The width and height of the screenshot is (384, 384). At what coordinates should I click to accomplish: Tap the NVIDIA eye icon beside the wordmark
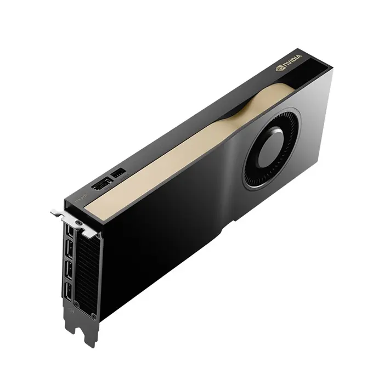coord(280,70)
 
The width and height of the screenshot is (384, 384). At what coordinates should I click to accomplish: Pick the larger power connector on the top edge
coord(101,185)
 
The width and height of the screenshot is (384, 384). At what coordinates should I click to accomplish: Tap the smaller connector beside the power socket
coord(118,173)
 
